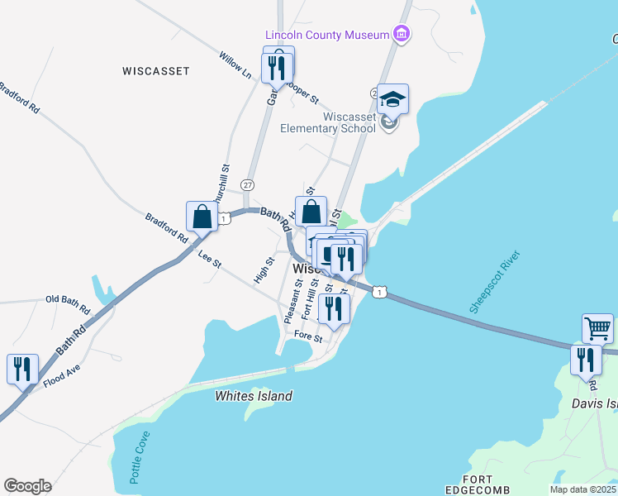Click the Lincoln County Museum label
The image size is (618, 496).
click(327, 35)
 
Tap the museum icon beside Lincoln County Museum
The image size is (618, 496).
click(402, 35)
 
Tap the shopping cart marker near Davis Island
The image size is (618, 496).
click(597, 328)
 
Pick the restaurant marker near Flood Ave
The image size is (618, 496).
click(22, 368)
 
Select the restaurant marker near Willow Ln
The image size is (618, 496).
click(278, 66)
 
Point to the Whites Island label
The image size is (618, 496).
click(254, 396)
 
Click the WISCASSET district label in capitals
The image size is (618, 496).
click(156, 71)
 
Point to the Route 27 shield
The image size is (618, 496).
click(248, 184)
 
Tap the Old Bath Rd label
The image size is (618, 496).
click(68, 304)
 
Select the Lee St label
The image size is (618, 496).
click(210, 259)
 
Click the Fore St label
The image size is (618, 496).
click(308, 336)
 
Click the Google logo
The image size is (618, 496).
click(27, 486)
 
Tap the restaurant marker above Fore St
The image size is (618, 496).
click(334, 308)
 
